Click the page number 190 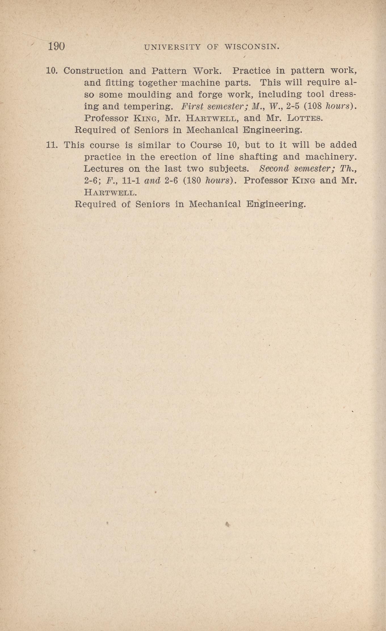coord(56,46)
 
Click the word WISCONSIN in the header coord(252,47)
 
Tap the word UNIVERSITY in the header coord(172,47)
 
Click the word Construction coord(93,71)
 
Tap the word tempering coord(148,107)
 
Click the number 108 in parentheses coord(315,106)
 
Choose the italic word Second coord(274,169)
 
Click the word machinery coord(331,157)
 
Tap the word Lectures coord(104,169)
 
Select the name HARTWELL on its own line coord(111,193)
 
